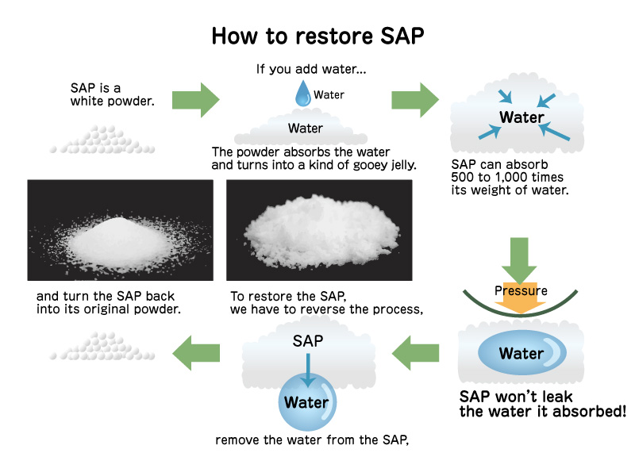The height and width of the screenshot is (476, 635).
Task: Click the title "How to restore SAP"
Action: (317, 36)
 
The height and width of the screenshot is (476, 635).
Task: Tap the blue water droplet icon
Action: (302, 94)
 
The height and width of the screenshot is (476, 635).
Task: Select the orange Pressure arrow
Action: (521, 296)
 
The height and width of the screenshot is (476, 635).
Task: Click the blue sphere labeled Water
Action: (306, 402)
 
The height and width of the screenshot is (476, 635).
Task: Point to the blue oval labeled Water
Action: (521, 353)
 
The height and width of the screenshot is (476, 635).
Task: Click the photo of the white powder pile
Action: (120, 230)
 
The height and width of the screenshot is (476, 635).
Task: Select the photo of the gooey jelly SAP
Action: (319, 230)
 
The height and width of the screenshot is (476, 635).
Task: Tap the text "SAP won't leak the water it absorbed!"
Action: (544, 404)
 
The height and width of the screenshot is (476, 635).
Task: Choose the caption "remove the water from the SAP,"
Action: (312, 439)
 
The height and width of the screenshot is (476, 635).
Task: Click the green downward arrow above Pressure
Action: (521, 258)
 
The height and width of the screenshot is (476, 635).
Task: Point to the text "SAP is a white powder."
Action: (110, 94)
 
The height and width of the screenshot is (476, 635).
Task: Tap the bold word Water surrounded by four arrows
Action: (521, 118)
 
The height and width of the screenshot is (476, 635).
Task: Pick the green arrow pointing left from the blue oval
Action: (416, 352)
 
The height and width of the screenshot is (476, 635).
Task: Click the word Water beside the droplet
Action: (329, 94)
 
